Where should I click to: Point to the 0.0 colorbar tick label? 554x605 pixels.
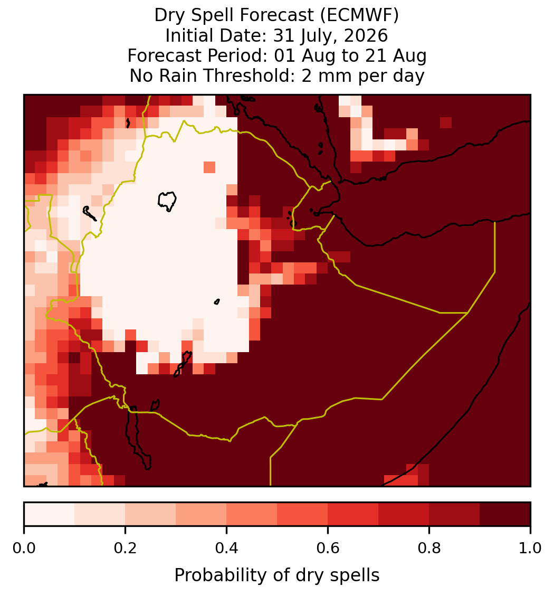[24, 549]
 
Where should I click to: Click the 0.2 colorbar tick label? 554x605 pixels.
[125, 549]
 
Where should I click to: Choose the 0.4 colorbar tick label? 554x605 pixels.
[227, 549]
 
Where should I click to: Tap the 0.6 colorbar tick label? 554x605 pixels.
[328, 549]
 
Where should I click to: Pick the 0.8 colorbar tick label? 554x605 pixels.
[429, 549]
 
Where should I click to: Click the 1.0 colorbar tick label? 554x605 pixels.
[530, 549]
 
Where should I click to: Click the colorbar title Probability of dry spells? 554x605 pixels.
[277, 575]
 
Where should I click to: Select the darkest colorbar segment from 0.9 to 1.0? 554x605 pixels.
[505, 514]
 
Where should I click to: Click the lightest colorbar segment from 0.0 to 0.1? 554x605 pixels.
[50, 514]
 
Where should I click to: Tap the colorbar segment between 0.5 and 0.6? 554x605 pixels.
[303, 514]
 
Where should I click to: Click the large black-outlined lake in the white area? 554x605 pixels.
[167, 201]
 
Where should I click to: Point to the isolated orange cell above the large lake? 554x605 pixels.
[209, 167]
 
